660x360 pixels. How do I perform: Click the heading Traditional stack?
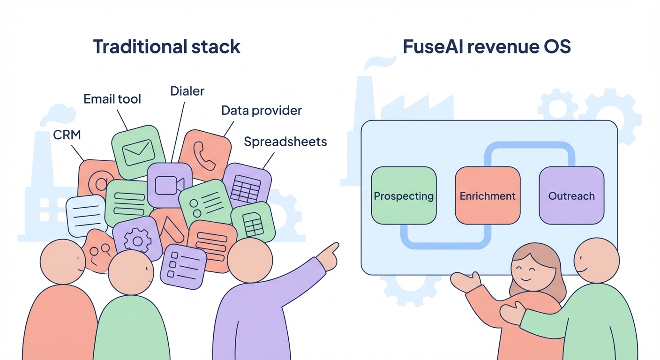[166, 47]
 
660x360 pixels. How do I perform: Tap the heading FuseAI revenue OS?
[487, 47]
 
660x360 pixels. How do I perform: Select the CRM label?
[67, 135]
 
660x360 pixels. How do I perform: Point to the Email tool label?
[112, 99]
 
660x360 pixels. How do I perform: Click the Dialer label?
[187, 90]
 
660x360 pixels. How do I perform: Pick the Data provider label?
[262, 111]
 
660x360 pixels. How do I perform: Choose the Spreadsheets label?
[285, 142]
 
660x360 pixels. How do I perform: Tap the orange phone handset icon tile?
[205, 156]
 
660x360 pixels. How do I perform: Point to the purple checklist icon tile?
[183, 265]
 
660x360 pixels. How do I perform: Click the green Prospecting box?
[404, 195]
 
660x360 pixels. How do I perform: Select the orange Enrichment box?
[487, 195]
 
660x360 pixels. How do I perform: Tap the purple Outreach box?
[571, 195]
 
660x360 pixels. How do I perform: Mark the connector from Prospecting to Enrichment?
[445, 243]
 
